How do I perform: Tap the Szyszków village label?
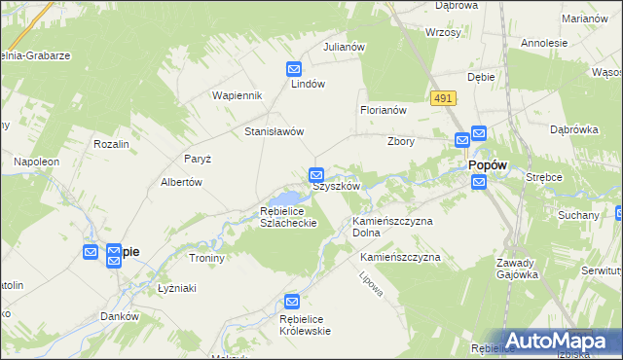[x=337, y=186]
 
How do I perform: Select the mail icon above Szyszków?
[x=316, y=175]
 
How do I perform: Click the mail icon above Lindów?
[x=294, y=69]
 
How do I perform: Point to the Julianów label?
[x=344, y=47]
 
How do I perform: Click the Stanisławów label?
[x=275, y=131]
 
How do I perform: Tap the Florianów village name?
[x=383, y=111]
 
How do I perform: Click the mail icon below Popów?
[x=478, y=182]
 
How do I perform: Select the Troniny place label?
[x=206, y=258]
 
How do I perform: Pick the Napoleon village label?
[x=36, y=161]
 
